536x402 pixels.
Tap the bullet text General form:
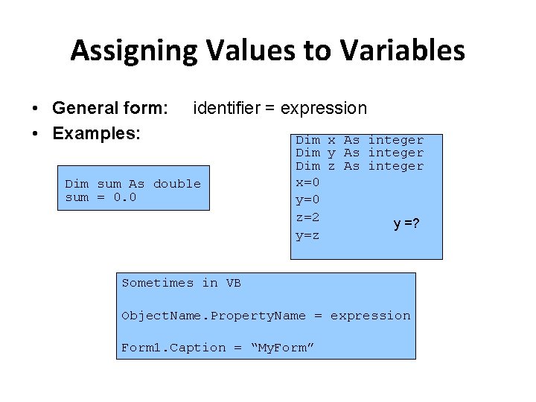pyautogui.click(x=110, y=109)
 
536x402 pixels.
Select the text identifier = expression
pyautogui.click(x=280, y=109)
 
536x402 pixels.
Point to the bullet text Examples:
pyautogui.click(x=97, y=134)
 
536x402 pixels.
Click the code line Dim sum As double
pyautogui.click(x=133, y=184)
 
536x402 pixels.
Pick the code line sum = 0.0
pyautogui.click(x=101, y=197)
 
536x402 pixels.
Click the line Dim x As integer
pyautogui.click(x=360, y=140)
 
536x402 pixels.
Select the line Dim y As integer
pyautogui.click(x=360, y=153)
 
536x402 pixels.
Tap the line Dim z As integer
pyautogui.click(x=360, y=166)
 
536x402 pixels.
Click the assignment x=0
pyautogui.click(x=307, y=181)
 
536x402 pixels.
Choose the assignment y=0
pyautogui.click(x=307, y=200)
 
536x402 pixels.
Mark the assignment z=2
pyautogui.click(x=307, y=217)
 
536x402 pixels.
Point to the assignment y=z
pyautogui.click(x=307, y=236)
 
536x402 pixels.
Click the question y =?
pyautogui.click(x=406, y=224)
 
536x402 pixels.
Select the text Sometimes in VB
pyautogui.click(x=181, y=283)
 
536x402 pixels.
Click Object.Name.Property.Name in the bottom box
pyautogui.click(x=214, y=316)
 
